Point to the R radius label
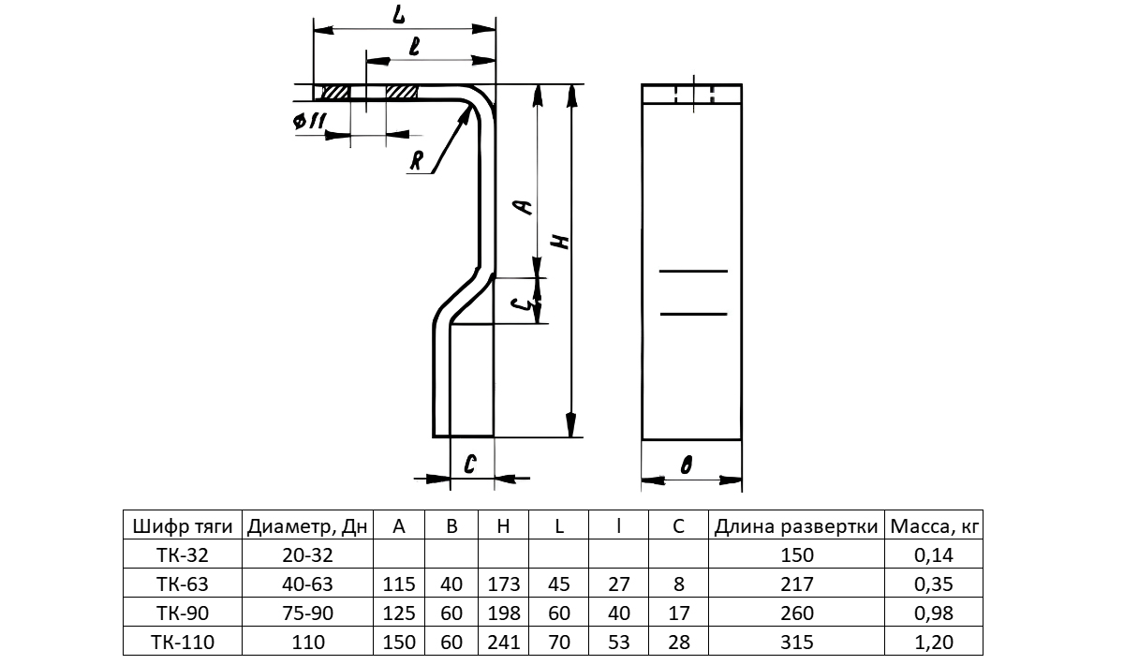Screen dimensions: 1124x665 417,160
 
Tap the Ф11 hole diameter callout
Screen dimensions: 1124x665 310,121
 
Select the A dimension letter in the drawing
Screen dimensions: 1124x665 525,206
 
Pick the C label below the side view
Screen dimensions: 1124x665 469,465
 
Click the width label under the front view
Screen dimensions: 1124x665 687,465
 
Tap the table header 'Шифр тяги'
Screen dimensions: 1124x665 183,526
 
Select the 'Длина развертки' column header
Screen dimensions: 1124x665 796,526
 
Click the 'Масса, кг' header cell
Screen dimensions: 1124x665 934,526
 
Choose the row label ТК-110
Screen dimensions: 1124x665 183,642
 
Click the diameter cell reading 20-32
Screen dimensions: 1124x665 307,554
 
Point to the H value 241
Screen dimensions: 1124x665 503,642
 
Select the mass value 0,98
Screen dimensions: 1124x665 933,613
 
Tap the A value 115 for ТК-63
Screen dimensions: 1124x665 399,584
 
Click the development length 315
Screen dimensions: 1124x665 796,642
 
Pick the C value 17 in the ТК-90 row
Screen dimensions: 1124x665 678,613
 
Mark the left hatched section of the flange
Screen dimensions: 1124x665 335,93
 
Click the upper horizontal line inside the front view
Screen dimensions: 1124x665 693,271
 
